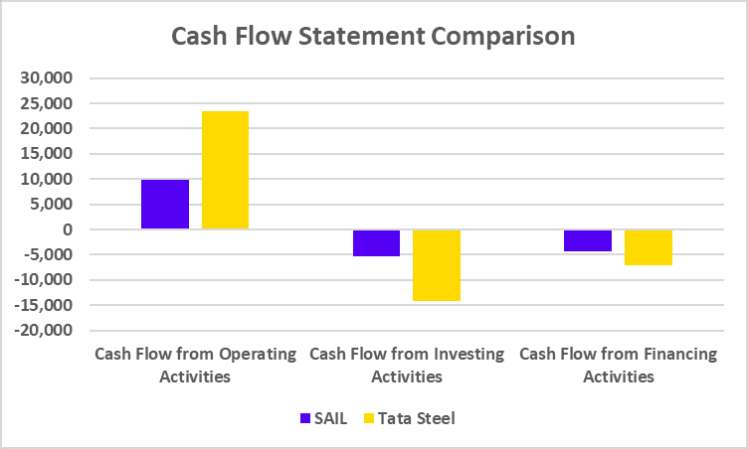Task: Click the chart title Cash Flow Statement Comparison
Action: point(373,37)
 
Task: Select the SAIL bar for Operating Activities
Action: point(165,205)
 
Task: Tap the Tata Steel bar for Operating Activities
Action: point(225,170)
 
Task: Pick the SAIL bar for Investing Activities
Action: point(376,243)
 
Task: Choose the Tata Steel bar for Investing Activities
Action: point(437,265)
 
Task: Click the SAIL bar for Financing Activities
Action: point(587,240)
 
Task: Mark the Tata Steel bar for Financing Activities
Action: point(649,247)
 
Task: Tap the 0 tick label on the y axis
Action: point(67,229)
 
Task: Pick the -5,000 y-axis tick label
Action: point(50,255)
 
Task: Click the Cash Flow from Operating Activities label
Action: point(195,365)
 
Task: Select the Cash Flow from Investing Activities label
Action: point(407,365)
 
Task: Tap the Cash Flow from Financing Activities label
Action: point(618,365)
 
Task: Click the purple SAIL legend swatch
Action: point(304,418)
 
